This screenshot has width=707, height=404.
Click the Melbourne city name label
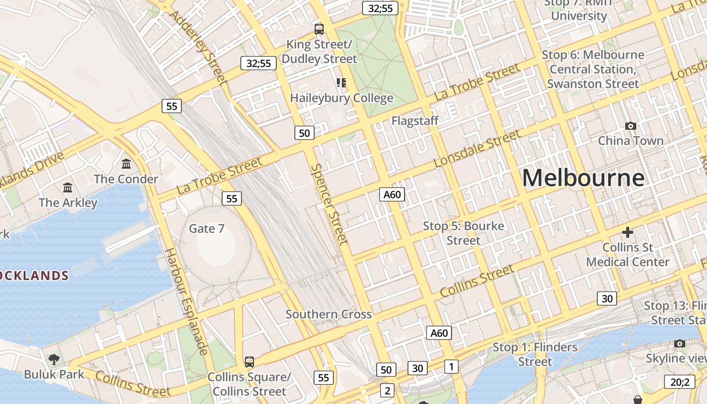click(x=583, y=178)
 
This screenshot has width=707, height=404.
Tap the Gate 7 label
click(x=207, y=229)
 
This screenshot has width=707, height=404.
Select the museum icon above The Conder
click(x=126, y=164)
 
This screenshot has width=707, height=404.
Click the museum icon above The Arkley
click(x=68, y=188)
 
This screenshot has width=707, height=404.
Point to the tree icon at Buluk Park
click(x=54, y=360)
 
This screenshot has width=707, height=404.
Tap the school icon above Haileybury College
click(x=341, y=82)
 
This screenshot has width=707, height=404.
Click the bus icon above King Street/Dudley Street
click(x=319, y=29)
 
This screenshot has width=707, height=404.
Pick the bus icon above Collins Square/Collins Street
click(x=249, y=362)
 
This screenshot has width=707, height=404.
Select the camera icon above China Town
click(x=630, y=126)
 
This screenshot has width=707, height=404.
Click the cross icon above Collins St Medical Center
click(x=627, y=232)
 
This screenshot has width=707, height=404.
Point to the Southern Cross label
click(x=329, y=314)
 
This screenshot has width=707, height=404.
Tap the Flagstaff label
click(x=415, y=121)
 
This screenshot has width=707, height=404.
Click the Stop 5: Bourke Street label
click(x=464, y=233)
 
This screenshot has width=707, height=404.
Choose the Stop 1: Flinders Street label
click(x=535, y=354)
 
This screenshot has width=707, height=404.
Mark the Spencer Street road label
click(x=330, y=204)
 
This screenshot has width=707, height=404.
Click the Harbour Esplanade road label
click(x=186, y=301)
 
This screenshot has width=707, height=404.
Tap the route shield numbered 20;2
click(x=680, y=382)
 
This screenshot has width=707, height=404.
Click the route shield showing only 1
click(x=451, y=366)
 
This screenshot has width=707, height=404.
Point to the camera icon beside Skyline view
click(x=680, y=344)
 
